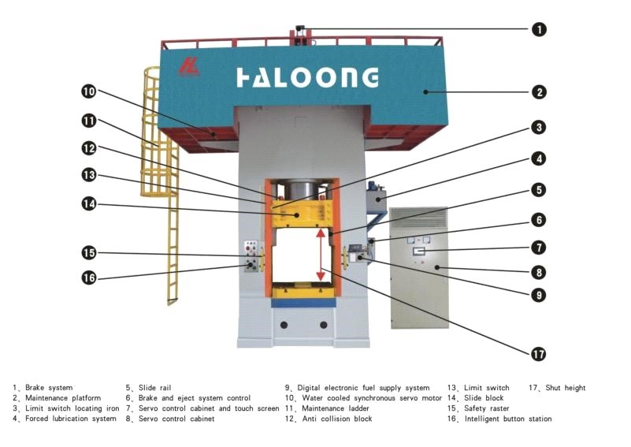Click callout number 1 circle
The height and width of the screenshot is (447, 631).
pyautogui.click(x=539, y=29)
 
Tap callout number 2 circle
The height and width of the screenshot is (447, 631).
pyautogui.click(x=539, y=92)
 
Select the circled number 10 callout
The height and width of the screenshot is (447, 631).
pyautogui.click(x=88, y=92)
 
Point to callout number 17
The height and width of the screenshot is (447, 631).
pyautogui.click(x=539, y=354)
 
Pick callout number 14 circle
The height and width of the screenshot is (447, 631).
pyautogui.click(x=88, y=203)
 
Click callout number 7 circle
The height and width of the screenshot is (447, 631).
pyautogui.click(x=539, y=247)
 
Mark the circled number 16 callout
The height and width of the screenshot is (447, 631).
pyautogui.click(x=88, y=277)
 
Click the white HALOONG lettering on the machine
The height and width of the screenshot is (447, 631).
pyautogui.click(x=307, y=77)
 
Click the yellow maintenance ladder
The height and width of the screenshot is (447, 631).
pyautogui.click(x=170, y=237)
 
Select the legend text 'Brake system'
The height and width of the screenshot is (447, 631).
pyautogui.click(x=49, y=388)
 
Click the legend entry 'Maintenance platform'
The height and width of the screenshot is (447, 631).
pyautogui.click(x=62, y=398)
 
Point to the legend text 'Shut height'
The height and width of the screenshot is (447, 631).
pyautogui.click(x=565, y=388)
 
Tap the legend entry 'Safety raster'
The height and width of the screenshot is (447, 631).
pyautogui.click(x=485, y=408)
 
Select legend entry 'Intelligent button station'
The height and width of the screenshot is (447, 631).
pyautogui.click(x=507, y=419)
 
